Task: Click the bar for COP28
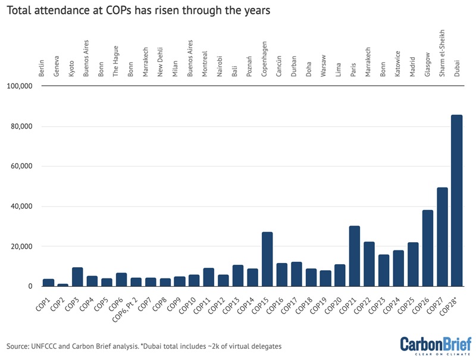coord(456,201)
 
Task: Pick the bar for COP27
coord(442,237)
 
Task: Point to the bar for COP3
coord(77,277)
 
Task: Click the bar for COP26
coord(427,249)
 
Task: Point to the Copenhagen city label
coord(264,60)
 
